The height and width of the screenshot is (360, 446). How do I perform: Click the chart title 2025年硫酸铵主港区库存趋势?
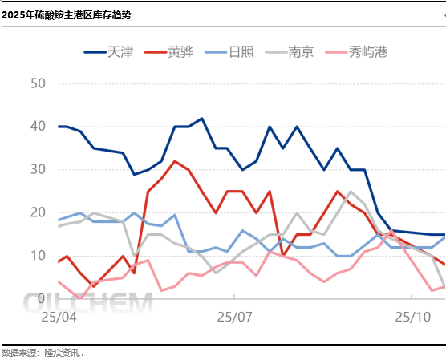68,14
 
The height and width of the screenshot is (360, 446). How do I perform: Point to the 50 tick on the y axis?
38,83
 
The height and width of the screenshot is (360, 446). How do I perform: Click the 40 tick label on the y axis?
38,127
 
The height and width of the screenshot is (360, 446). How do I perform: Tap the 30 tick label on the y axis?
38,169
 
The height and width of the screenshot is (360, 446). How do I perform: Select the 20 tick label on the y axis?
38,212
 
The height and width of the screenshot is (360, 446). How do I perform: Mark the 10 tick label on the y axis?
38,255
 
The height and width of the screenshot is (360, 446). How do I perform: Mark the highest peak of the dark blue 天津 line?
201,119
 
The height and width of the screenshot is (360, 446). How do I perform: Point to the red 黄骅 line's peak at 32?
175,161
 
